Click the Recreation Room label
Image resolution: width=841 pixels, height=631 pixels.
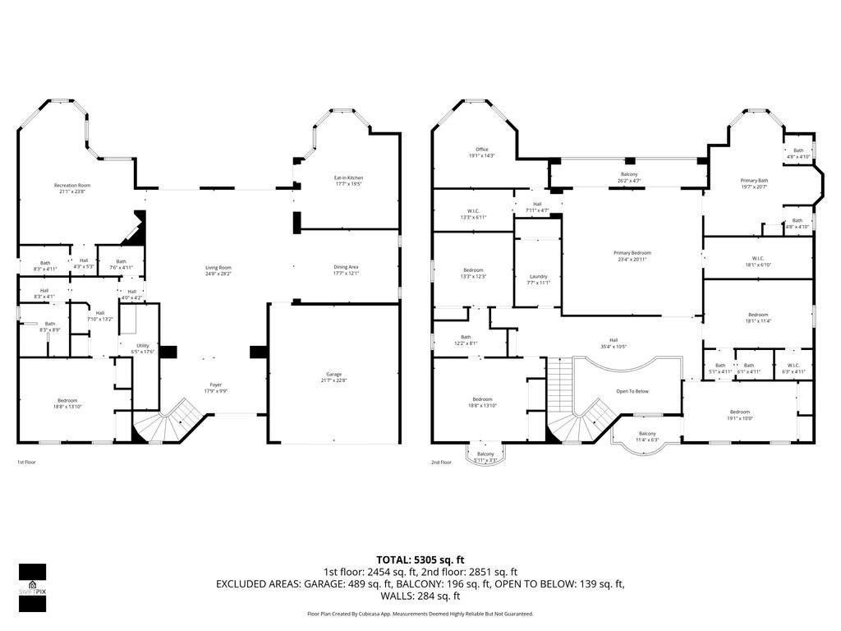click(x=72, y=186)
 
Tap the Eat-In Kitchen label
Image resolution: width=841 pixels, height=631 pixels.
click(x=348, y=177)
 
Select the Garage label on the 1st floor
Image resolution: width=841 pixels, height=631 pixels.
click(x=334, y=374)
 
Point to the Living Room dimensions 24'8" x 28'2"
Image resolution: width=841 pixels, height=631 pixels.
click(x=218, y=273)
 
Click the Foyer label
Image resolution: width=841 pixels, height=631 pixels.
click(x=215, y=385)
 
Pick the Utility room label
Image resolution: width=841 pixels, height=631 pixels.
click(x=143, y=346)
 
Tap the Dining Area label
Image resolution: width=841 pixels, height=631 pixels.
click(x=346, y=267)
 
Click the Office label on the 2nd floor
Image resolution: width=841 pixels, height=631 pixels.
click(x=482, y=150)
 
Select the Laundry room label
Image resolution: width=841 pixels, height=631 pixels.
click(x=539, y=277)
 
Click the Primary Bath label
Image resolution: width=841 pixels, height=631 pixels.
click(x=754, y=181)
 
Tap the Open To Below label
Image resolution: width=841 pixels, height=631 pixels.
click(x=632, y=391)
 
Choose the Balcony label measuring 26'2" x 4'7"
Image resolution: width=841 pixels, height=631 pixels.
click(x=629, y=175)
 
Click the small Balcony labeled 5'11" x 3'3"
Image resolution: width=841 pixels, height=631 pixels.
click(x=485, y=457)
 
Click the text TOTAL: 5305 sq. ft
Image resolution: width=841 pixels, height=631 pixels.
click(x=420, y=560)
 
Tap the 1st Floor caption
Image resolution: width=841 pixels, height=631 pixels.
click(x=26, y=463)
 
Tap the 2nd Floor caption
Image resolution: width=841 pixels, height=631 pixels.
click(x=442, y=463)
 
